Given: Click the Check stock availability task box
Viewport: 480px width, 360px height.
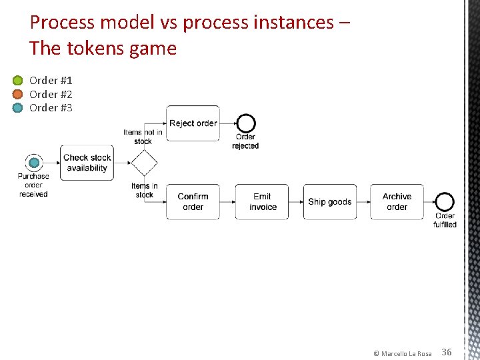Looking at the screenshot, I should [87, 163].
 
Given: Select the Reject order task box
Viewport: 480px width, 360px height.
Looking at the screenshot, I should [193, 123].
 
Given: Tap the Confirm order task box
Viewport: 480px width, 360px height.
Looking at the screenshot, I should [193, 202].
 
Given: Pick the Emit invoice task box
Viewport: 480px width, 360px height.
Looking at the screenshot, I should [263, 202].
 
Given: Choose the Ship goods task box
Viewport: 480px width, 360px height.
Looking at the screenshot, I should [330, 202].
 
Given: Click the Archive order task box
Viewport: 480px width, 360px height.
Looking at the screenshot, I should [397, 202].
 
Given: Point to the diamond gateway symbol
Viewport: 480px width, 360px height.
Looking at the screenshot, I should [144, 163].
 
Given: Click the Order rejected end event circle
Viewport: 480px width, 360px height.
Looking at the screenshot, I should [246, 123].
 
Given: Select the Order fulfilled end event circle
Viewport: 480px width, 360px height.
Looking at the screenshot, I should [445, 202].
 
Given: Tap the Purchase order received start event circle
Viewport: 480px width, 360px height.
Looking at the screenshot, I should [33, 163].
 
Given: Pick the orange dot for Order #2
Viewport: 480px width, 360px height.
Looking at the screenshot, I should [18, 95].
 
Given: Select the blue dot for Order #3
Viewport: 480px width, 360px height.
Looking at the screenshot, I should [18, 108].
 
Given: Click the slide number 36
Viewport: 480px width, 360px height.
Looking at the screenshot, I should [447, 352].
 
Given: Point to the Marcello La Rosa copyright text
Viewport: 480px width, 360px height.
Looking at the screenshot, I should [403, 353].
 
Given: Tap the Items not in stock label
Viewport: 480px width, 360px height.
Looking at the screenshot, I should [143, 137].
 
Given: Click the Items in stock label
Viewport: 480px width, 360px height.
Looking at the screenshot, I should [145, 191].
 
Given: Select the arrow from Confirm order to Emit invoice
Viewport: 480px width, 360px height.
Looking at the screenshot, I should [227, 202].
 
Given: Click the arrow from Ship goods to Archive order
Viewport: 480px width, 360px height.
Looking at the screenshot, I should [363, 202].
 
